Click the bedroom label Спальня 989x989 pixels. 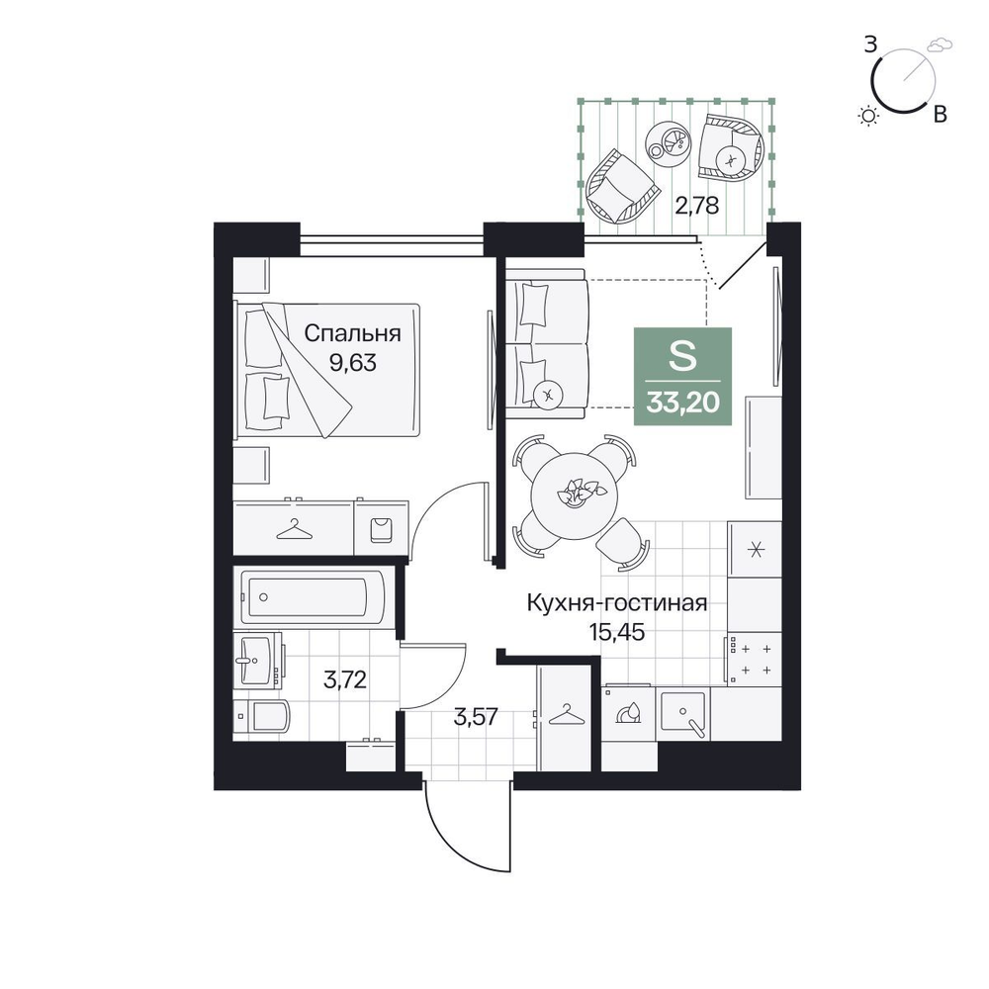pyautogui.click(x=352, y=333)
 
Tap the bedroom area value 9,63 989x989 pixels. pyautogui.click(x=353, y=363)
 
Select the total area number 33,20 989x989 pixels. pyautogui.click(x=683, y=402)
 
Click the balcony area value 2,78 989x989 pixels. pyautogui.click(x=697, y=205)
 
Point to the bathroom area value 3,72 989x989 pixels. pyautogui.click(x=345, y=679)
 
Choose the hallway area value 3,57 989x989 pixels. pyautogui.click(x=477, y=717)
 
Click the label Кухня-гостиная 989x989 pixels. pyautogui.click(x=617, y=603)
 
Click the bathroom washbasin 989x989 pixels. pyautogui.click(x=257, y=660)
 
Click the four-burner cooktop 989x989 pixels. pyautogui.click(x=754, y=659)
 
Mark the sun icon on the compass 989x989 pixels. pyautogui.click(x=869, y=116)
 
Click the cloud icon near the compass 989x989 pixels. pyautogui.click(x=940, y=45)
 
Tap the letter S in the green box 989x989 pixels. pyautogui.click(x=683, y=356)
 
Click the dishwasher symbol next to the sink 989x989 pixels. pyautogui.click(x=629, y=713)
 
